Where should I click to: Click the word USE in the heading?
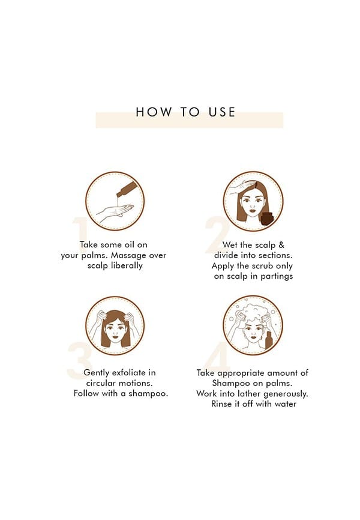[x=222, y=112]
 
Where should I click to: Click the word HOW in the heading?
[x=154, y=112]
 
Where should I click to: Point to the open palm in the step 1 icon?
[x=115, y=211]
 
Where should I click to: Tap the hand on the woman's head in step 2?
[x=242, y=187]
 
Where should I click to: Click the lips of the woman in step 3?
[x=115, y=341]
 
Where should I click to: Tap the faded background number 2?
[x=217, y=235]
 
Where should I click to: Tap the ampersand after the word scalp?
[x=281, y=245]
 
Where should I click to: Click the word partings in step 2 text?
[x=277, y=277]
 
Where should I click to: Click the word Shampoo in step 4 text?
[x=231, y=383]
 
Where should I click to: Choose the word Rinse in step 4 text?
[x=221, y=404]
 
